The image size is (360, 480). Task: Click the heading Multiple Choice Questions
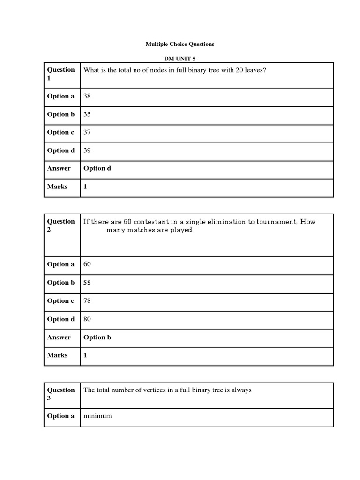click(180, 44)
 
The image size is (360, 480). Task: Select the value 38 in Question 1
click(87, 96)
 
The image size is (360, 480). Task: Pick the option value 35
click(87, 114)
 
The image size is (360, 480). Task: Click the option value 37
click(87, 132)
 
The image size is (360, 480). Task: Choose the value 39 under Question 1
click(87, 150)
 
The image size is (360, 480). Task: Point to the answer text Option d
click(97, 168)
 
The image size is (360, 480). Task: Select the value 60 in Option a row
click(87, 264)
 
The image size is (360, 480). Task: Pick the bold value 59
click(87, 283)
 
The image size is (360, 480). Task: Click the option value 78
click(87, 301)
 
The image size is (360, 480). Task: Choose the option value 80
click(87, 319)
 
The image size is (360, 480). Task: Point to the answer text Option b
click(97, 337)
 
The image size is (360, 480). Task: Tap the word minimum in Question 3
click(97, 416)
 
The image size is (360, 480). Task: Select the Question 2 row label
click(61, 225)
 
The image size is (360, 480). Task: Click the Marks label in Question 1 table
click(57, 187)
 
